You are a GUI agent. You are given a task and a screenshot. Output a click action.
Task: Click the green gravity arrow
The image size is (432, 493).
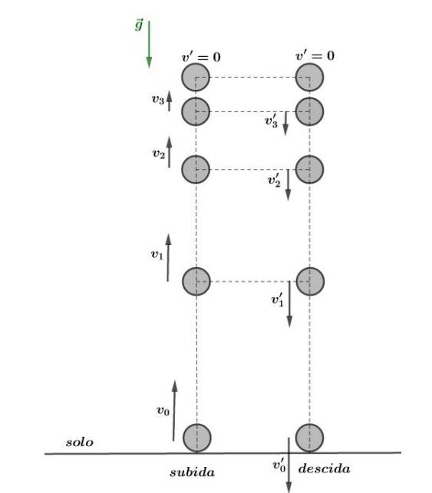(x=149, y=45)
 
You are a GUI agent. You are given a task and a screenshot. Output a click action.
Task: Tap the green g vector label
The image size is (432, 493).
(x=139, y=25)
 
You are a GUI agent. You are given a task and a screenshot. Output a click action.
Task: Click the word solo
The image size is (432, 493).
(x=80, y=442)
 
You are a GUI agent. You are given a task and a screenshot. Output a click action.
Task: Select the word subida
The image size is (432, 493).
(x=193, y=472)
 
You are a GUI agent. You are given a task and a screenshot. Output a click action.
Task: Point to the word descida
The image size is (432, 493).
(x=325, y=468)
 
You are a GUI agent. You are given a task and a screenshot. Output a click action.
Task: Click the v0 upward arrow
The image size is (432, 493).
(x=174, y=411)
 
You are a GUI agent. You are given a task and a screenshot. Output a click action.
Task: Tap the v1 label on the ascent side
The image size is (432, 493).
(x=157, y=255)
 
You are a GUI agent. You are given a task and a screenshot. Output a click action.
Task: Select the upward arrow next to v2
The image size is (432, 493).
(x=169, y=152)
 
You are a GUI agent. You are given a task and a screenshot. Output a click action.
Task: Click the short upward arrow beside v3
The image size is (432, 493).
(x=169, y=101)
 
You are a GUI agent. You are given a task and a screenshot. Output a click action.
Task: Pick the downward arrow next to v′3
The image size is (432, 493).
(x=285, y=123)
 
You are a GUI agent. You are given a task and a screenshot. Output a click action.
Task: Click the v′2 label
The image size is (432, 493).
(x=274, y=180)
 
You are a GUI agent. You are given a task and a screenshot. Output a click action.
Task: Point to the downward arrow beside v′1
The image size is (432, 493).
(x=289, y=304)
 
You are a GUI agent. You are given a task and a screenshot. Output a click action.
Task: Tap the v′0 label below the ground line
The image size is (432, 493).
(x=279, y=465)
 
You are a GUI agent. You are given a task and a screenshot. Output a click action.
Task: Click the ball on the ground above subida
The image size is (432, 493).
(x=196, y=438)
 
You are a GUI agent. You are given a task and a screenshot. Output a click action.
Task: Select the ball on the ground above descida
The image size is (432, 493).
(x=309, y=438)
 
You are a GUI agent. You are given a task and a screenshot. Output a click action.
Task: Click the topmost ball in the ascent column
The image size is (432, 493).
(x=196, y=78)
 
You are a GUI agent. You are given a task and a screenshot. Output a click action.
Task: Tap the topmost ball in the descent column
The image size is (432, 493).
(x=309, y=78)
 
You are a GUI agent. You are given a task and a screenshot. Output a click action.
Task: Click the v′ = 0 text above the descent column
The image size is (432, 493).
(x=315, y=55)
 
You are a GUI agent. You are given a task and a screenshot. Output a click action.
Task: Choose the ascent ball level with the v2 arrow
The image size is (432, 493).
(x=196, y=170)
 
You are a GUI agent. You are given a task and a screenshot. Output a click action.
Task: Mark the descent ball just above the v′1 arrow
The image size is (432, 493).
(x=310, y=281)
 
